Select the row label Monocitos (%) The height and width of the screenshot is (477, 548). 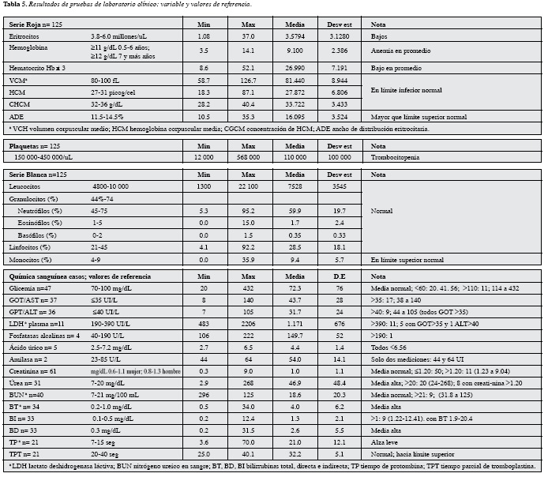click(32, 259)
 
